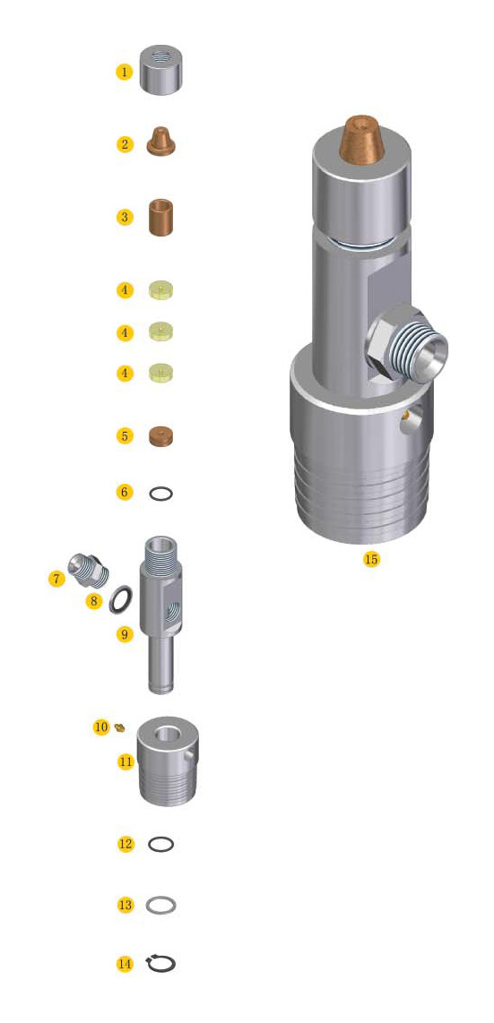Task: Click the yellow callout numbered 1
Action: click(x=125, y=71)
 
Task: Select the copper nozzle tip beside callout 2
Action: click(x=160, y=142)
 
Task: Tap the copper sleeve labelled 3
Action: click(x=160, y=218)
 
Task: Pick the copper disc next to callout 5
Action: click(x=160, y=436)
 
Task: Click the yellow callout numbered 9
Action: click(x=125, y=633)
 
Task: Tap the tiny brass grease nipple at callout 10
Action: click(x=119, y=726)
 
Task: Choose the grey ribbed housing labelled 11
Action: click(x=167, y=761)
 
